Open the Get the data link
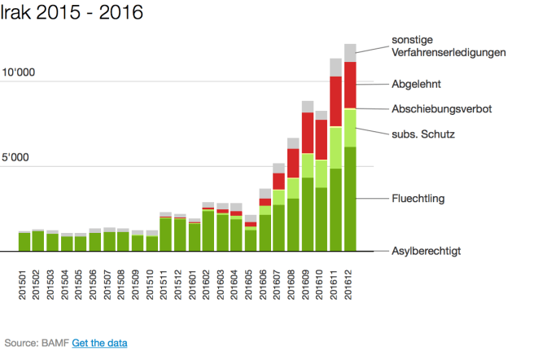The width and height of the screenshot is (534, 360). click(99, 343)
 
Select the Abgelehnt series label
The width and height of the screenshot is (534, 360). click(416, 84)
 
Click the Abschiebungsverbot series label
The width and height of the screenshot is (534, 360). click(442, 108)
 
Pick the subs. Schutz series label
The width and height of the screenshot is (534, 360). click(422, 134)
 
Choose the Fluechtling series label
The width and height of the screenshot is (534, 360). click(418, 198)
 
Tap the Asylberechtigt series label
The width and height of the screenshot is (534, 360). click(427, 251)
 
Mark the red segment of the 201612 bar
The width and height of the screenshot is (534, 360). click(350, 85)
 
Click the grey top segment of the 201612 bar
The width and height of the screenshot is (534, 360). click(350, 53)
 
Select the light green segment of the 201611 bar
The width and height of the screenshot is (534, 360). click(335, 147)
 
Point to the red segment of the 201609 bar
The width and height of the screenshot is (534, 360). click(308, 133)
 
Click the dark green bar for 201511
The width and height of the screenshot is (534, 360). click(165, 235)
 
